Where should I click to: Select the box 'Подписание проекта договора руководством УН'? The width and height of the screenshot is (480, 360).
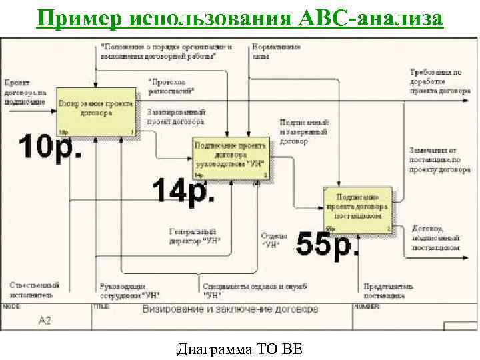[x=231, y=159]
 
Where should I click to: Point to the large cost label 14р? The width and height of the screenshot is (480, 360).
[x=184, y=192]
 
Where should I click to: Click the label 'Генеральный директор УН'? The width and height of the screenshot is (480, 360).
[x=195, y=236]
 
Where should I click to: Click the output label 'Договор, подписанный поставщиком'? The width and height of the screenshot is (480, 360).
[x=436, y=237]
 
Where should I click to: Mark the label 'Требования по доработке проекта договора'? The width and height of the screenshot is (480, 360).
[x=435, y=81]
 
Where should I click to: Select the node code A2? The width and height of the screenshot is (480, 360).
[x=44, y=321]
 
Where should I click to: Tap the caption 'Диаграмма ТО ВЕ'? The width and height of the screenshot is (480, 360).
[x=239, y=349]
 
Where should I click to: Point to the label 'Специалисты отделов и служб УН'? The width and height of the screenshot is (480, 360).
[x=255, y=290]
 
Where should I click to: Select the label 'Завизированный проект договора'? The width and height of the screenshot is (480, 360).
[x=175, y=117]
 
